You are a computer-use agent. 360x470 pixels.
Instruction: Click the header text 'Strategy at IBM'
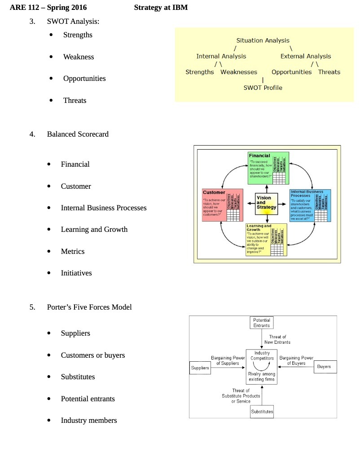[161, 8]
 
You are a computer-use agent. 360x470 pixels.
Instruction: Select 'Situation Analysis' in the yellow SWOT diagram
[263, 40]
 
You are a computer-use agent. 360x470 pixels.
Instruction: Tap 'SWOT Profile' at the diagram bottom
[263, 88]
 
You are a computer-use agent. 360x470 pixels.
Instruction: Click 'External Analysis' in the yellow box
[305, 56]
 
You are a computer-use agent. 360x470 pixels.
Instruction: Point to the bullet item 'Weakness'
[79, 57]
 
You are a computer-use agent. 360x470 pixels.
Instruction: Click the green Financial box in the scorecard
[268, 168]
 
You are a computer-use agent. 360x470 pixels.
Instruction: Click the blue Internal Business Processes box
[310, 205]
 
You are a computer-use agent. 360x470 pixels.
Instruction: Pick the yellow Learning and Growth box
[267, 239]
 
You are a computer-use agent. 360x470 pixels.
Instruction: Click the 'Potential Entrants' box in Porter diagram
[261, 323]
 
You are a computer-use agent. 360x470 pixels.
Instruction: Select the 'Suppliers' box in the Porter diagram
[200, 368]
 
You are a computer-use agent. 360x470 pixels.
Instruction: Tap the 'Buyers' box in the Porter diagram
[324, 367]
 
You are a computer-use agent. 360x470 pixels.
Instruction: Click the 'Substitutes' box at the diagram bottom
[262, 412]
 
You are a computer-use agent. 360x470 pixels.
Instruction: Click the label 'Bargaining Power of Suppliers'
[228, 360]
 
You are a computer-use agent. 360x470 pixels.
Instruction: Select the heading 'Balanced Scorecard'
[78, 134]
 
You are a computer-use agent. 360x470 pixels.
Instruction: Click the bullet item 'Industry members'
[89, 420]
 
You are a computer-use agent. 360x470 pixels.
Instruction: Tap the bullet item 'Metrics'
[73, 251]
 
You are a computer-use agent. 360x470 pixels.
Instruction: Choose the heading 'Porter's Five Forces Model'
[89, 307]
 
